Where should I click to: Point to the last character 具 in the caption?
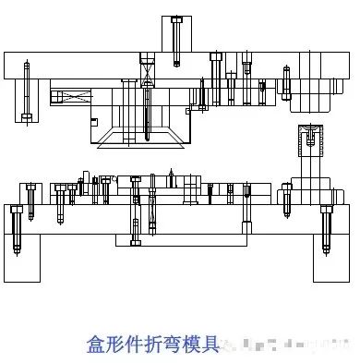tap(212, 344)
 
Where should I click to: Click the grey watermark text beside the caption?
tap(286, 345)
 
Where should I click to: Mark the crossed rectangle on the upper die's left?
tap(72, 96)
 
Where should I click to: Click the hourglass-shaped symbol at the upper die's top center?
tap(146, 67)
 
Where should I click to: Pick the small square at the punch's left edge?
tap(93, 121)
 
